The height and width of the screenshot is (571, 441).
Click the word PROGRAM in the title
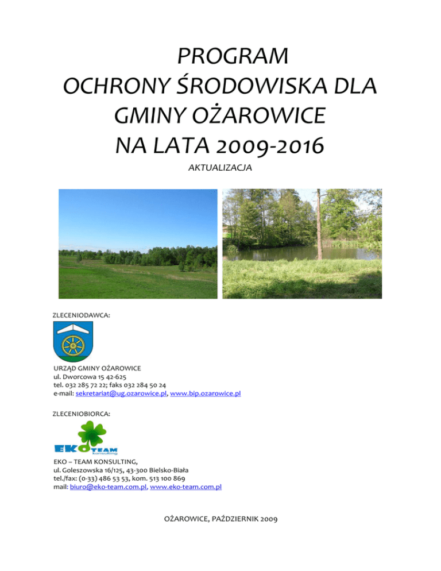tap(233, 56)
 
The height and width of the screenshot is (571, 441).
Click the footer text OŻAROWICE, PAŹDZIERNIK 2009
tap(221, 519)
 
